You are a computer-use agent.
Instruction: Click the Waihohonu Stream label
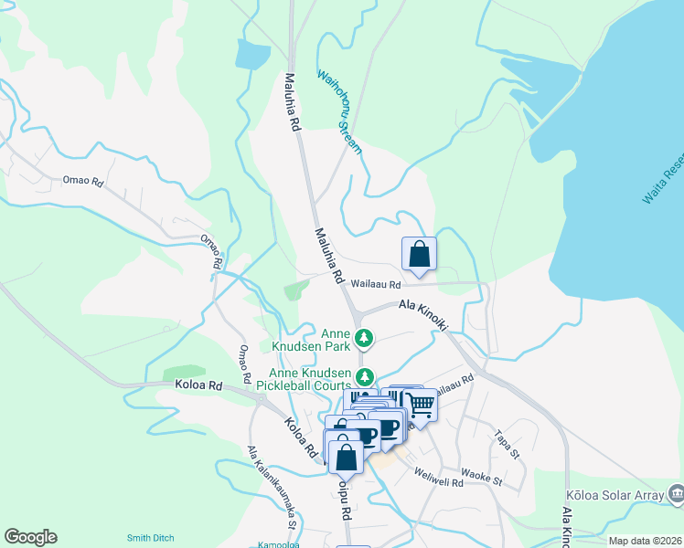(x=339, y=111)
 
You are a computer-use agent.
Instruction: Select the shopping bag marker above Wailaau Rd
(x=419, y=254)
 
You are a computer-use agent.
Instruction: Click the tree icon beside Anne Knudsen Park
(x=364, y=339)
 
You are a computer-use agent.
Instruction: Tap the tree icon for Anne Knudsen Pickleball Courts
(x=365, y=376)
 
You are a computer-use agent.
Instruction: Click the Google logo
(x=30, y=537)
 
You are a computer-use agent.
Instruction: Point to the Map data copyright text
(x=645, y=541)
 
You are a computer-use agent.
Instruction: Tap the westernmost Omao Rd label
(x=83, y=182)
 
